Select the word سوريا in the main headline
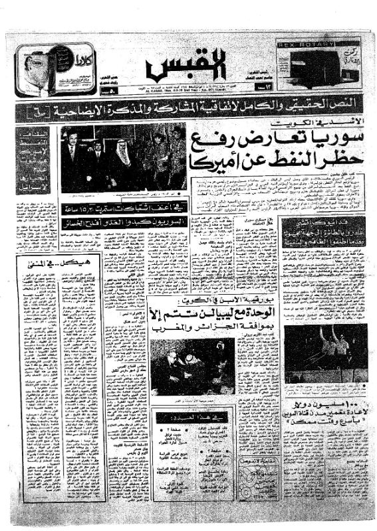[x=322, y=143]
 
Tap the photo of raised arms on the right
[x=326, y=352]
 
